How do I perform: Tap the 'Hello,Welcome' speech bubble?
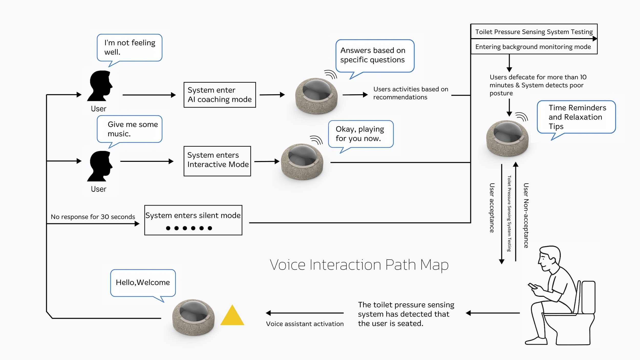coord(143,283)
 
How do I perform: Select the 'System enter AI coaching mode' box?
coord(220,95)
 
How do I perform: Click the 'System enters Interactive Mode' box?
coord(217,161)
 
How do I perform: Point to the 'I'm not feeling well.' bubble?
coord(130,48)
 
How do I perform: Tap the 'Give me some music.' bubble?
coord(130,129)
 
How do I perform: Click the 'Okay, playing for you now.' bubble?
coord(360,134)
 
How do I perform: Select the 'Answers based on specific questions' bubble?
coord(375,56)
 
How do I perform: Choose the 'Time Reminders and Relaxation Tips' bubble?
coord(576,117)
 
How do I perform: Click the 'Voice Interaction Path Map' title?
coord(359,265)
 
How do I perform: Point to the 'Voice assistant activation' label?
coord(305,324)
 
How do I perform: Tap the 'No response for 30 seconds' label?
coord(93,217)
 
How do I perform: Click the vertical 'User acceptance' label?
coord(492,208)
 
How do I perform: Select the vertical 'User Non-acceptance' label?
coord(526,215)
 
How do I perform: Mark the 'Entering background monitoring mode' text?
coord(533,47)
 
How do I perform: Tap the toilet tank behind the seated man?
coord(588,297)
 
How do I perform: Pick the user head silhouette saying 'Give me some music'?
coord(100,166)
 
